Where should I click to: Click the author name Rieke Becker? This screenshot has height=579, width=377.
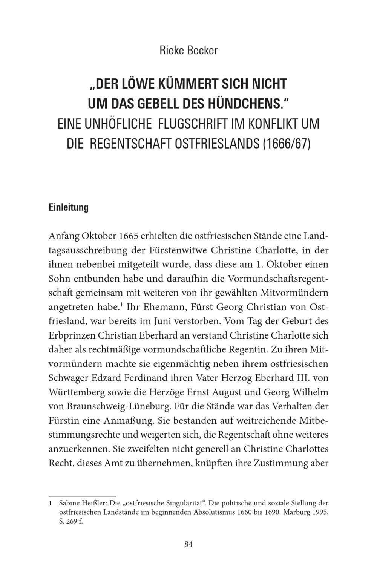pyautogui.click(x=188, y=50)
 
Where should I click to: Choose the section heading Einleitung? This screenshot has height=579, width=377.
pyautogui.click(x=68, y=207)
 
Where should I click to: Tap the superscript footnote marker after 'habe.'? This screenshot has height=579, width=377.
pyautogui.click(x=121, y=304)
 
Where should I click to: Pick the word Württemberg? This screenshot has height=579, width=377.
pyautogui.click(x=74, y=392)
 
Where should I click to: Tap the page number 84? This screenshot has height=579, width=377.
pyautogui.click(x=188, y=544)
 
